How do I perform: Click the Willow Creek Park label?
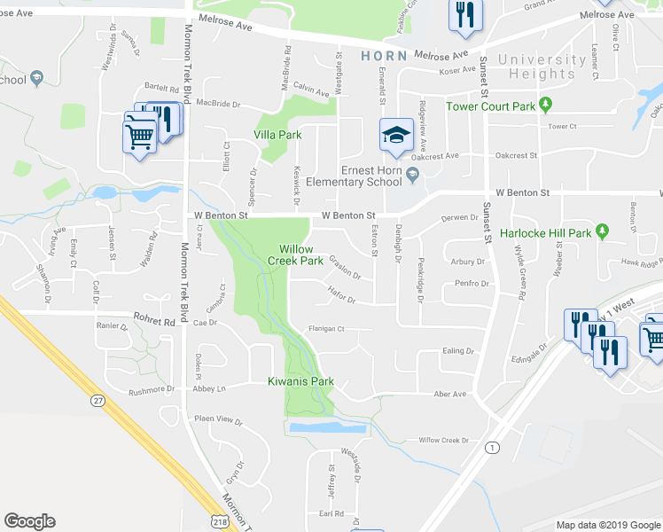[295, 255]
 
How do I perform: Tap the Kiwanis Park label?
[300, 382]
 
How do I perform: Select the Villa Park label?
[277, 135]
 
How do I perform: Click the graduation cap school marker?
[396, 135]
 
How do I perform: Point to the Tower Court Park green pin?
[546, 106]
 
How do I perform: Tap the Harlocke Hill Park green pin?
[603, 232]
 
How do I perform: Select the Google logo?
[29, 521]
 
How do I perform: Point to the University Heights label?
[542, 67]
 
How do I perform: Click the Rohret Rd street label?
[157, 323]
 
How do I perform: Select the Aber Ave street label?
[449, 394]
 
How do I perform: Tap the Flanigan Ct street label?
[326, 328]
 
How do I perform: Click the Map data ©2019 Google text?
[607, 525]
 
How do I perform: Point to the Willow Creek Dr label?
[442, 440]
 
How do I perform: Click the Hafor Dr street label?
[341, 300]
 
